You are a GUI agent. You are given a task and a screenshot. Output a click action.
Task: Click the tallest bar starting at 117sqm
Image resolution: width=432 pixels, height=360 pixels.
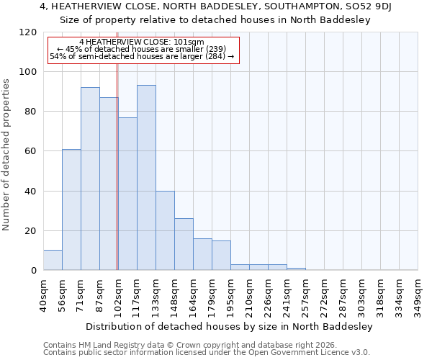tap(146, 178)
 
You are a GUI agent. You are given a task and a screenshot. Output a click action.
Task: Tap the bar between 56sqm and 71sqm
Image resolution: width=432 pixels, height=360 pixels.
tap(71, 210)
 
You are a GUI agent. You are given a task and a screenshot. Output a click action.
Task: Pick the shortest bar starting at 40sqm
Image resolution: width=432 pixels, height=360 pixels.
tap(53, 260)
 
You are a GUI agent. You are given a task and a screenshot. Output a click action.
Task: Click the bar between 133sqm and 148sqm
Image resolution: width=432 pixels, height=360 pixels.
tap(165, 230)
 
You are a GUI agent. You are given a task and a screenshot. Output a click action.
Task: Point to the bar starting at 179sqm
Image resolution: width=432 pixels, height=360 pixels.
tap(221, 255)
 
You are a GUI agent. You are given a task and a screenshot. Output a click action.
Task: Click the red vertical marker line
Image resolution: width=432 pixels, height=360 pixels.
tap(117, 166)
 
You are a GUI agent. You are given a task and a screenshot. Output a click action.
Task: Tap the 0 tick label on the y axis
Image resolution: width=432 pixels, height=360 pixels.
tap(33, 271)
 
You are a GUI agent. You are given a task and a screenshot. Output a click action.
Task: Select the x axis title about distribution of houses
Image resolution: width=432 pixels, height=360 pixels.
tap(229, 326)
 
